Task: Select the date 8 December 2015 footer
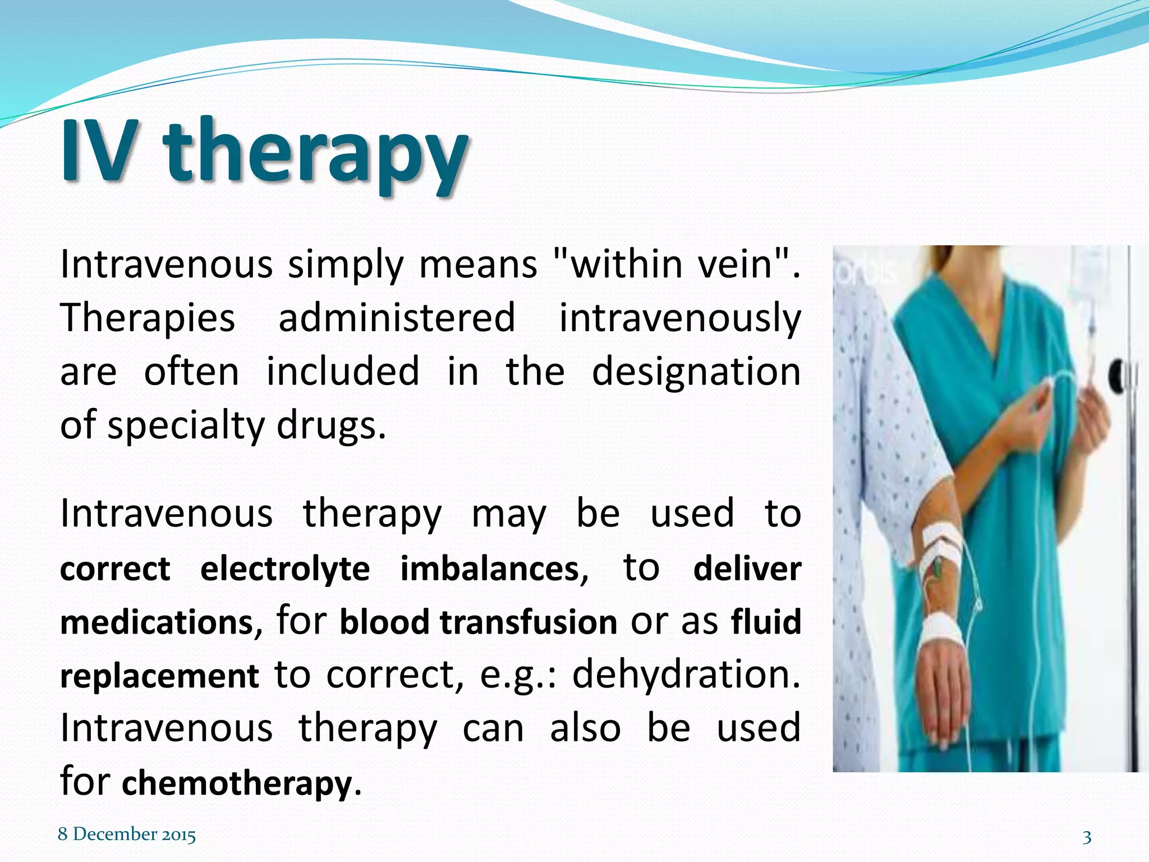tap(127, 834)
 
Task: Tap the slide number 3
tap(1087, 837)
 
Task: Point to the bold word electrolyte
tap(285, 568)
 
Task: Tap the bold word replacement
tap(159, 676)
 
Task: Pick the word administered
tap(397, 318)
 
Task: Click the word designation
tap(696, 372)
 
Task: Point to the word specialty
tap(186, 425)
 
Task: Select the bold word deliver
tap(747, 568)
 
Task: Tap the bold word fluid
tap(766, 622)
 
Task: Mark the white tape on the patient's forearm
tap(940, 542)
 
